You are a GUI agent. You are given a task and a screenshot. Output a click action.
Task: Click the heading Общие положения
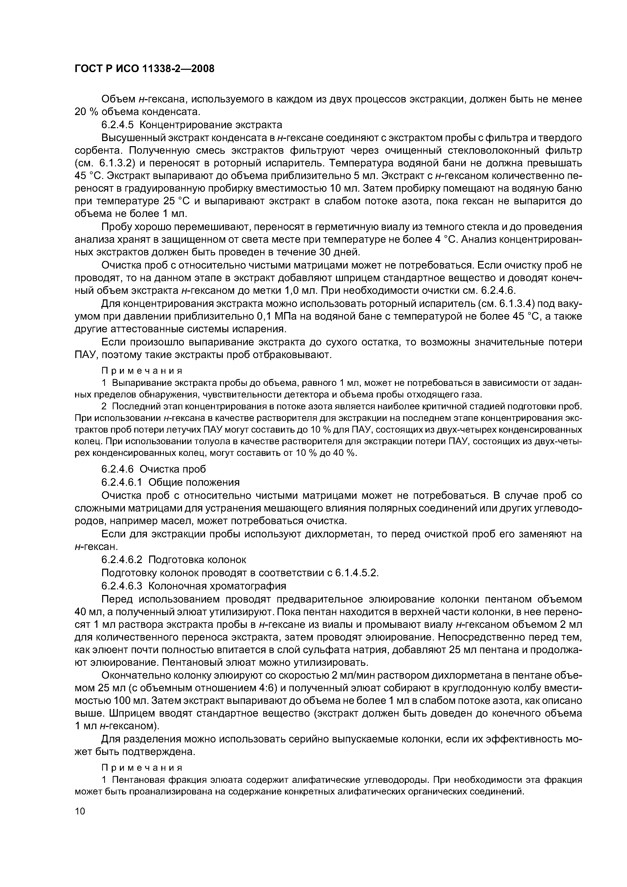click(194, 482)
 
